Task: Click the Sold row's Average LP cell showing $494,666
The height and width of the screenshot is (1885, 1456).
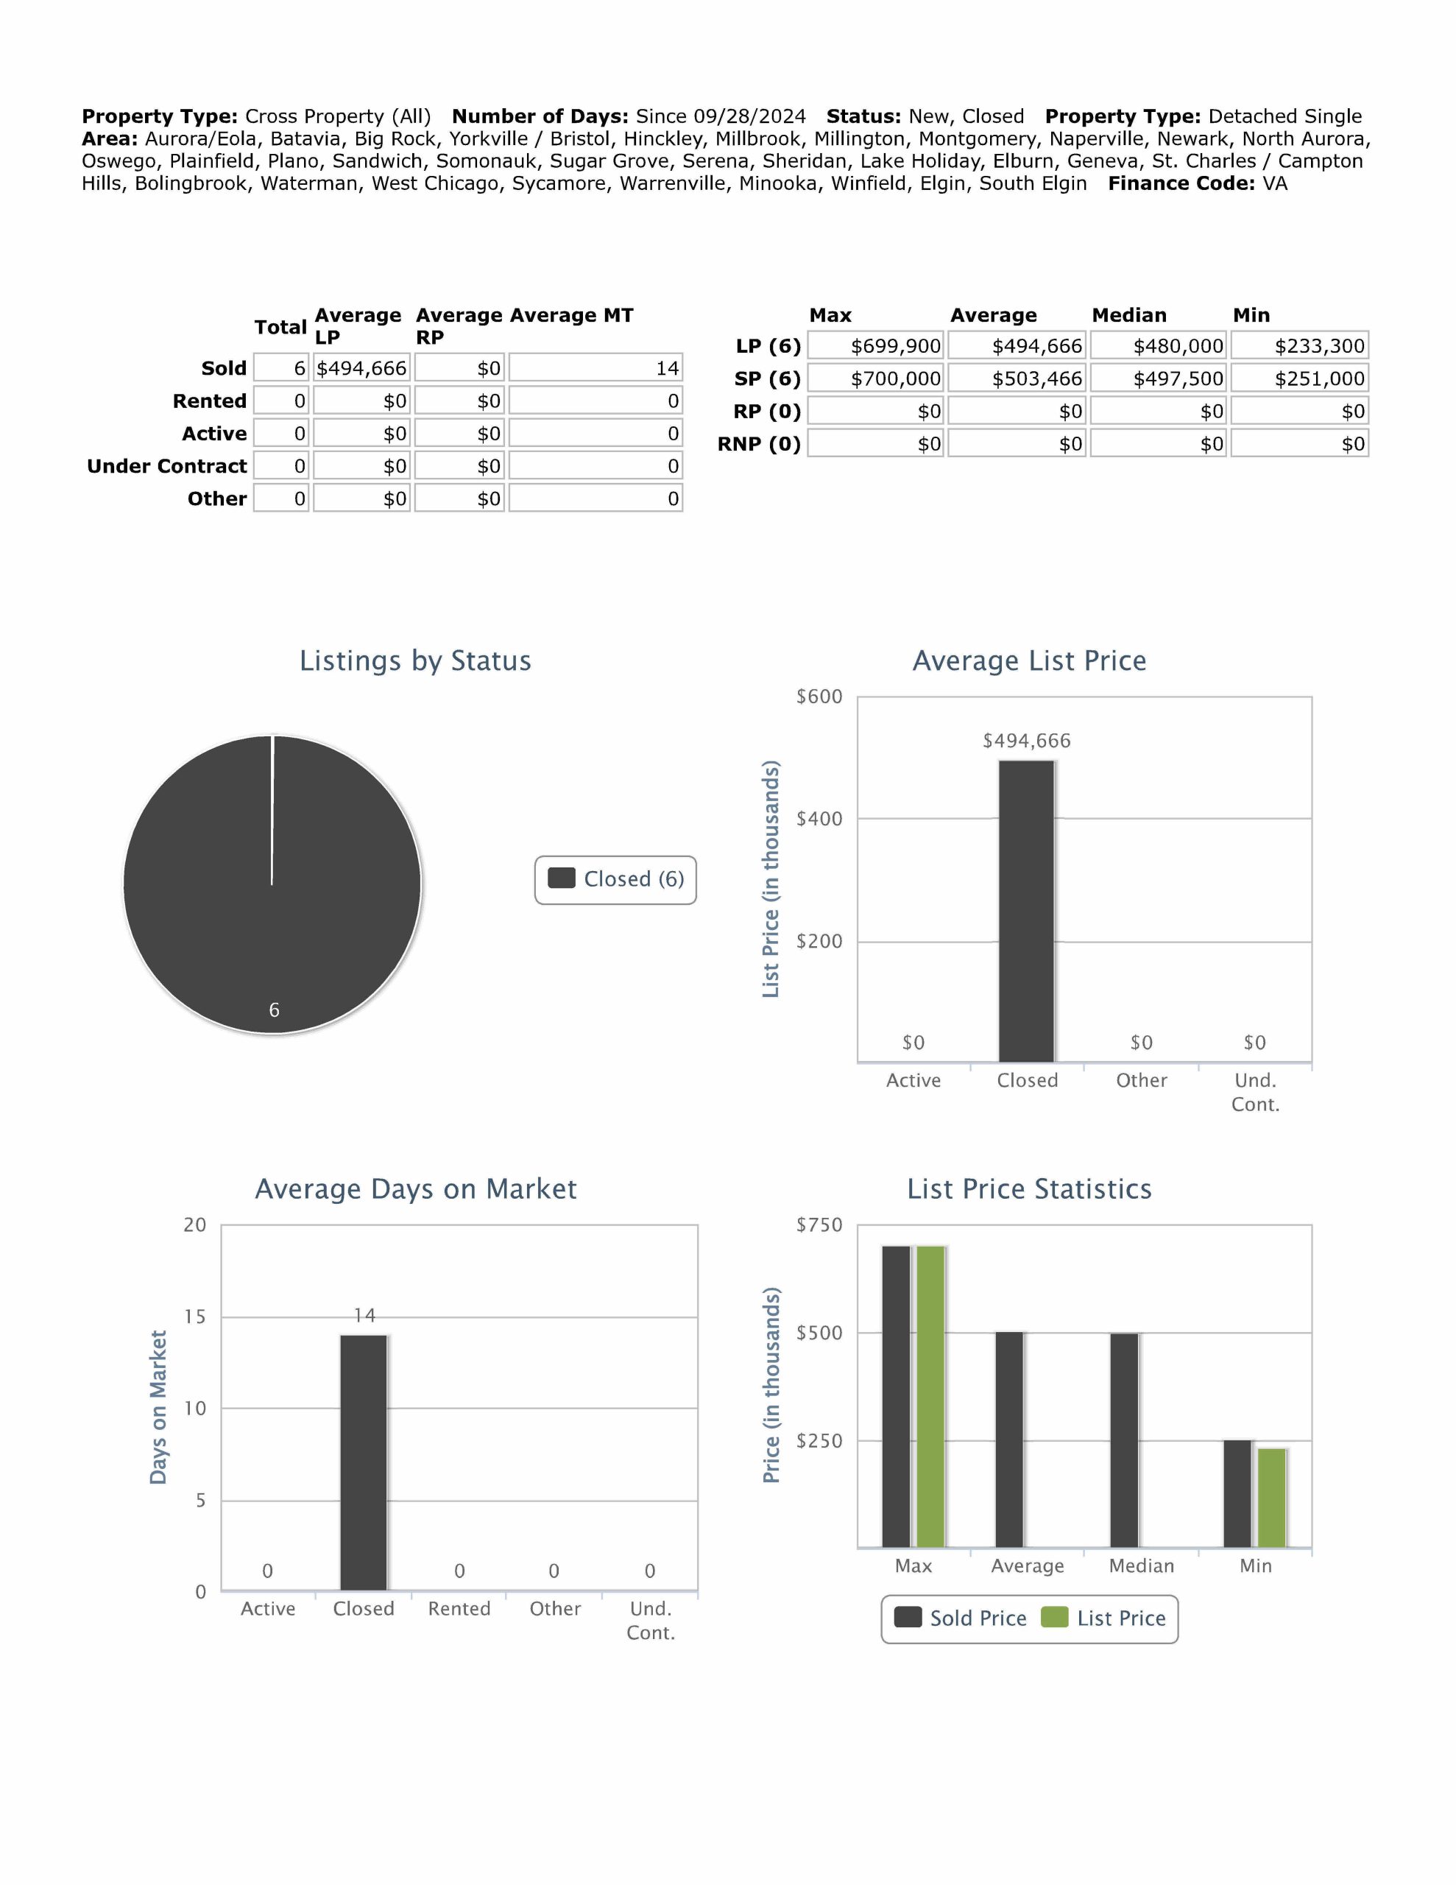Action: (361, 369)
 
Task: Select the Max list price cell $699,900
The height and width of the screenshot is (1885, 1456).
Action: (877, 346)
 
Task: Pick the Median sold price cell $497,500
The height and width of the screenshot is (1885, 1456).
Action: (1159, 379)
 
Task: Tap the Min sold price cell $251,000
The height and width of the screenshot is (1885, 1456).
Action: (1300, 379)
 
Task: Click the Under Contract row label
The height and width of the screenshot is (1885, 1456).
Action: (166, 466)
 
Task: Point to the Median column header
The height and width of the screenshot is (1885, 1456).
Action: (1129, 315)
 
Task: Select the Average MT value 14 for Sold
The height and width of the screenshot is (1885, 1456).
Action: (596, 369)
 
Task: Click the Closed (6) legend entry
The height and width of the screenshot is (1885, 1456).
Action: (616, 879)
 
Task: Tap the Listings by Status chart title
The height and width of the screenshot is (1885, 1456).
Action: (415, 661)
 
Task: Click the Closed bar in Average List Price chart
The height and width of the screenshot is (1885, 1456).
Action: (1027, 912)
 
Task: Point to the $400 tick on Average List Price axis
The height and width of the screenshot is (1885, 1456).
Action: (819, 819)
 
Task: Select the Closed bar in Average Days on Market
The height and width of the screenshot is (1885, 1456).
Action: (364, 1463)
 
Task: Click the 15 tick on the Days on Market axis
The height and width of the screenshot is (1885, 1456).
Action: (195, 1317)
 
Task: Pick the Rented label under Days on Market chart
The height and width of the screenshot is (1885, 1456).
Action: (459, 1610)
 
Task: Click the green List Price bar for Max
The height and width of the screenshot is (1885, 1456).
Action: (930, 1397)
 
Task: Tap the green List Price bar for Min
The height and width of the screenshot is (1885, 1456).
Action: (1272, 1498)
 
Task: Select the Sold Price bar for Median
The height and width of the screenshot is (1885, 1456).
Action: (1124, 1440)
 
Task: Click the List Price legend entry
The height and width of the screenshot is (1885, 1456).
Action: (1104, 1618)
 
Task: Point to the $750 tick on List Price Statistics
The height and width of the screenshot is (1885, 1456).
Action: (819, 1225)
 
